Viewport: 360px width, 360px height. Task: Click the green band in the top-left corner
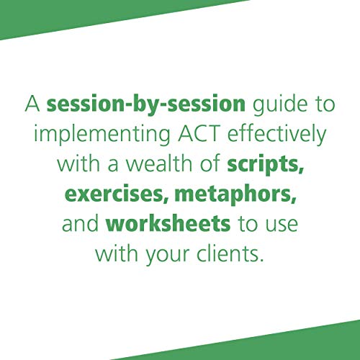[43, 18]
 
